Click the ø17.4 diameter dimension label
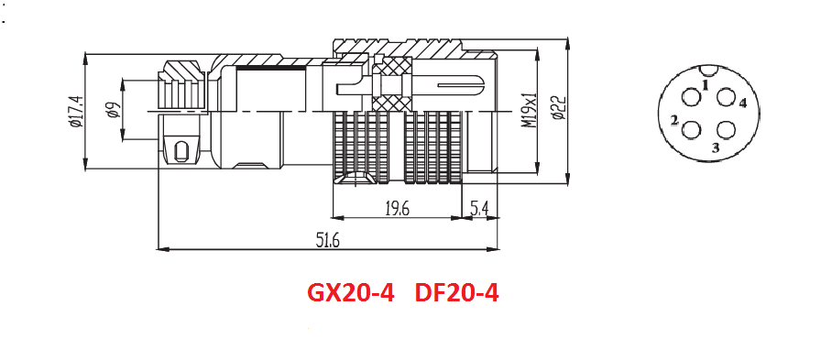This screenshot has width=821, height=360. [75, 112]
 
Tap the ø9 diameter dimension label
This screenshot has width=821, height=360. [114, 111]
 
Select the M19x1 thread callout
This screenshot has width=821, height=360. [530, 111]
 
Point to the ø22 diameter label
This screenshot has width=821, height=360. [559, 108]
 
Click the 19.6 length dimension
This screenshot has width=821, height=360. [397, 209]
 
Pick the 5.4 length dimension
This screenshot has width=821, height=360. [479, 209]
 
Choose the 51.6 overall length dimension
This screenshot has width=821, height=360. [328, 240]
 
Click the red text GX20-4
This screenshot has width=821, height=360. [350, 293]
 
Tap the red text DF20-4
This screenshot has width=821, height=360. [456, 293]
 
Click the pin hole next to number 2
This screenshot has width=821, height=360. [691, 130]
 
